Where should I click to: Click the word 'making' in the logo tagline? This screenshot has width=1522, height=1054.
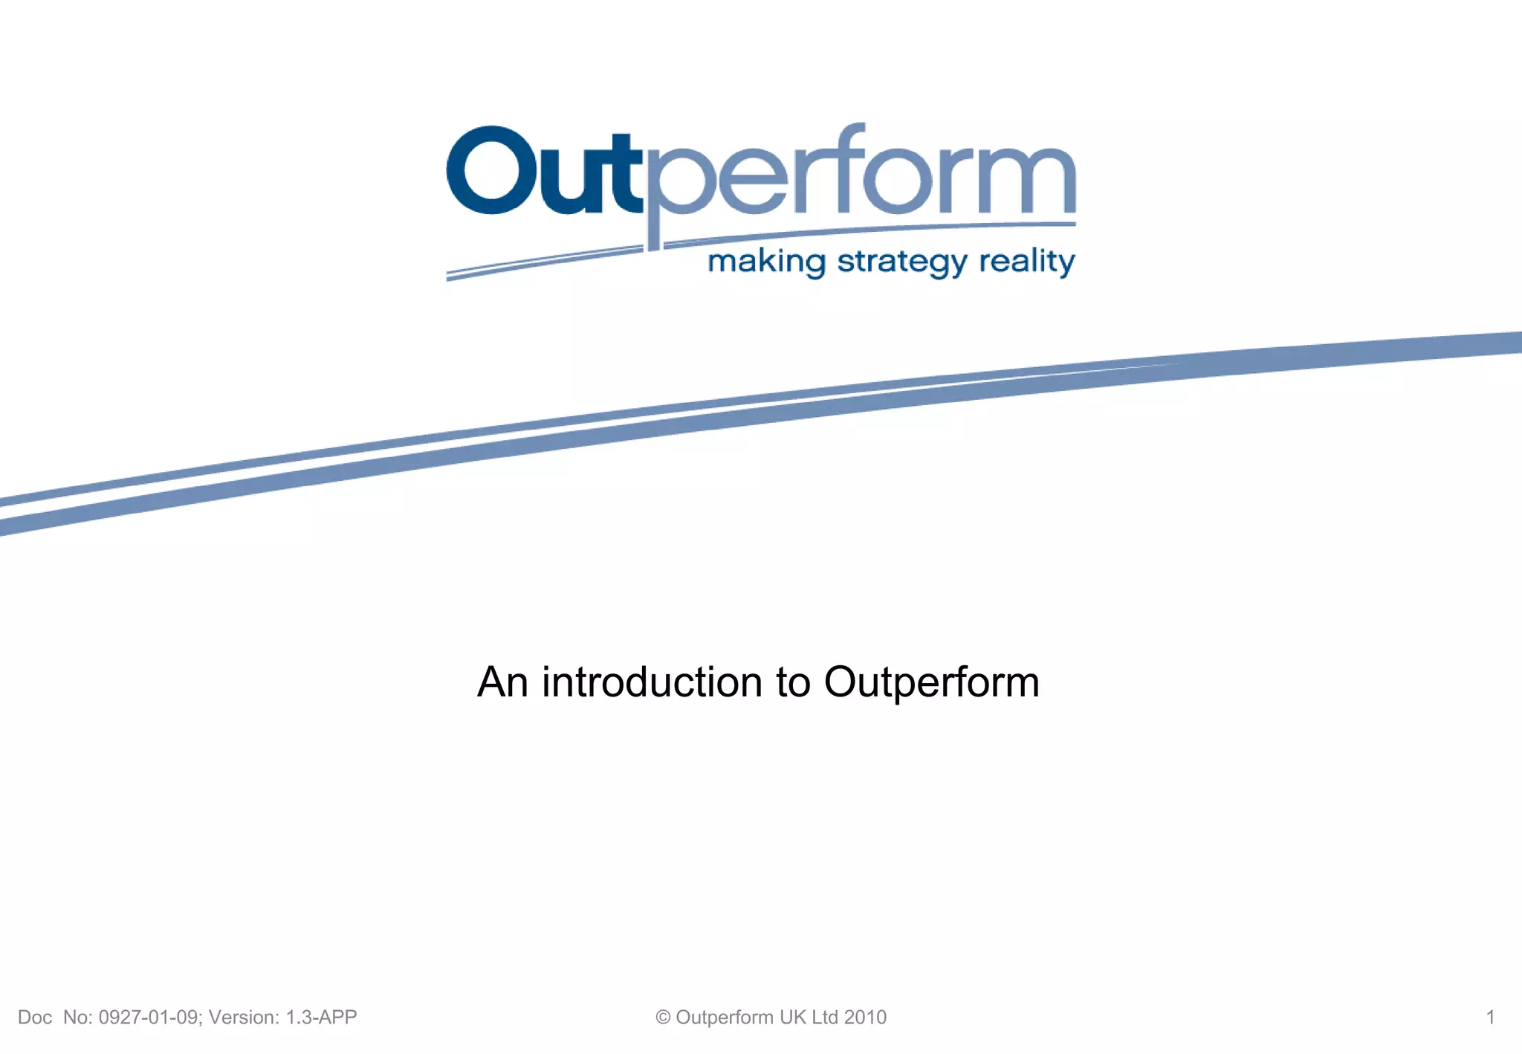click(766, 262)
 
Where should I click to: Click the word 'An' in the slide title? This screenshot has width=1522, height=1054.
click(502, 682)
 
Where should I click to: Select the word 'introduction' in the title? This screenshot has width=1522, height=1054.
click(652, 682)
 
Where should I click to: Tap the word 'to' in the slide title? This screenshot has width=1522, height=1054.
click(793, 682)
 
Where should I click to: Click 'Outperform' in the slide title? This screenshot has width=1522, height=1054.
click(931, 682)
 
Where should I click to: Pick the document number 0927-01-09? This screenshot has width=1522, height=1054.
click(149, 1017)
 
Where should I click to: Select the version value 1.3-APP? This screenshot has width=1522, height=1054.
click(321, 1017)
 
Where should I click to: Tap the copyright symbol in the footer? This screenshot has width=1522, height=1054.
click(663, 1018)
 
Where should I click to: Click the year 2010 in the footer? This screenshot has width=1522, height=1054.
click(865, 1017)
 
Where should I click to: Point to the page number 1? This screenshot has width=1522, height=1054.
click(1490, 1017)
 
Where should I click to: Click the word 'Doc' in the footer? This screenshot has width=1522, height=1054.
click(35, 1017)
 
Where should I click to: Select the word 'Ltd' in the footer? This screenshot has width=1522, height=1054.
click(824, 1017)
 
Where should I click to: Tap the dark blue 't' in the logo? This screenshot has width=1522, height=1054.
click(623, 175)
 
